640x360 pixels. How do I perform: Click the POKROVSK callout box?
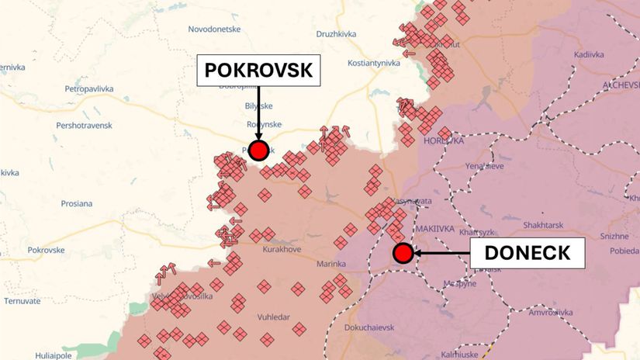click(x=258, y=71)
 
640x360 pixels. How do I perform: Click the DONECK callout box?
click(x=528, y=252)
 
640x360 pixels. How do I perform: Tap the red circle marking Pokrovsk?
click(x=258, y=151)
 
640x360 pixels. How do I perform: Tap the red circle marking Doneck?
click(x=403, y=253)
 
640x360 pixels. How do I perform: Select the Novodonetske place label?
click(x=215, y=29)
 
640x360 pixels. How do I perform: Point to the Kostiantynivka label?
click(x=362, y=61)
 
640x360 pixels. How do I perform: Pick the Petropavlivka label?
click(x=89, y=89)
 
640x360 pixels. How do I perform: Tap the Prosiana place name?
click(x=76, y=204)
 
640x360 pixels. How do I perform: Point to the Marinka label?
click(x=331, y=265)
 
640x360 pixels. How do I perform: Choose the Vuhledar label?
click(x=274, y=317)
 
